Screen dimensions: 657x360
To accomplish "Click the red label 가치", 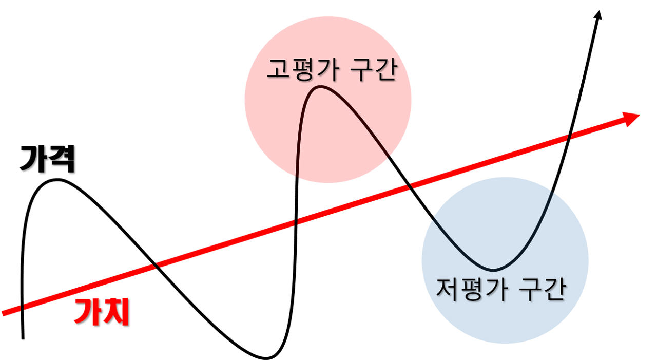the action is point(102,312).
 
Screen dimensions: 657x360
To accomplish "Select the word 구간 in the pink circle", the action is point(375,70).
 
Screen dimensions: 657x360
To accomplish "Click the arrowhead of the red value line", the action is point(632,119).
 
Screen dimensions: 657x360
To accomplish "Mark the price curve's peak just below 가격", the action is point(57,180).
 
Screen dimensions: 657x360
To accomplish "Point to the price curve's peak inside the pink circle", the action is point(320,87).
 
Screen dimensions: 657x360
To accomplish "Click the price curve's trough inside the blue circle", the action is point(493,270).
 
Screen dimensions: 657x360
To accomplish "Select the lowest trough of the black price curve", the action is point(266,357).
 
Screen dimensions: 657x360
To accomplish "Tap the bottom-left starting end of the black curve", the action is point(23,339).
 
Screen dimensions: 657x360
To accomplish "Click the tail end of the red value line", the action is point(3,313).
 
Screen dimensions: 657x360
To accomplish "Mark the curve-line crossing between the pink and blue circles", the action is point(410,186).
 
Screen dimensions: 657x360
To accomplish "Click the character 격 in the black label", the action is point(62,159).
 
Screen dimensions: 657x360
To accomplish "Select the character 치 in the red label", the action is point(115,312).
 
